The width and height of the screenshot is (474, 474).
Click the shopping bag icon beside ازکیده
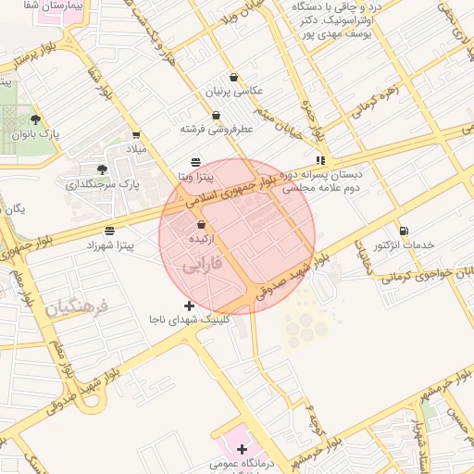click(x=202, y=225)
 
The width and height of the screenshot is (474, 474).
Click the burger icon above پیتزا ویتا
click(x=194, y=161)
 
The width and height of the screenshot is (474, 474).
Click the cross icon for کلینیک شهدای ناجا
click(x=190, y=306)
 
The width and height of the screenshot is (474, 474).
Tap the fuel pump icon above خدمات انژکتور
click(x=403, y=231)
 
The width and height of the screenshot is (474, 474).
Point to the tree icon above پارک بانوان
click(x=35, y=119)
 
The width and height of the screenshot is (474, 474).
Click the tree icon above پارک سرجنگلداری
click(x=102, y=169)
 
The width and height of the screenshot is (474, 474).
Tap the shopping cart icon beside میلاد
click(x=136, y=133)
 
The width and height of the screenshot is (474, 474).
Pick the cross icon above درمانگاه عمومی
click(x=242, y=448)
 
